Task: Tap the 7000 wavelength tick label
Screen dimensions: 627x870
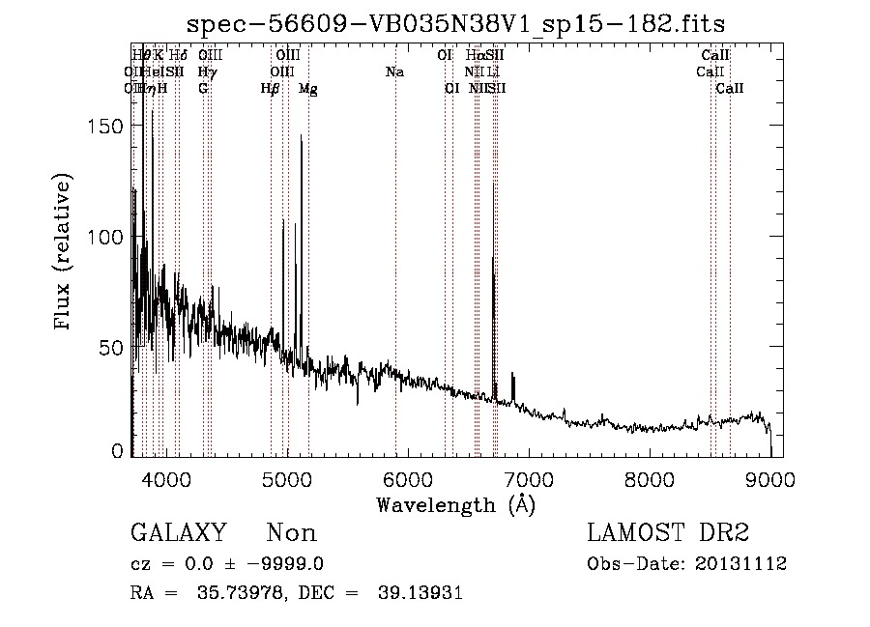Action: (x=529, y=479)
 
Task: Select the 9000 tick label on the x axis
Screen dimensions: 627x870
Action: (x=770, y=479)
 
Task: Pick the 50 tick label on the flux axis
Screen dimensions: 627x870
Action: (x=113, y=347)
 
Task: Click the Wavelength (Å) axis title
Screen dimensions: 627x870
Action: (x=455, y=504)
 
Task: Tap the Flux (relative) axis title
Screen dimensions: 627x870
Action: (x=65, y=253)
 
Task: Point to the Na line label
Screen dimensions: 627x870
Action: (x=394, y=72)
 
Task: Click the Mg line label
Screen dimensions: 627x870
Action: (x=307, y=89)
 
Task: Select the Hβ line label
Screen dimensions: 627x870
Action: (x=270, y=89)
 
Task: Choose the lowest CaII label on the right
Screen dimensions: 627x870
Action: (x=730, y=89)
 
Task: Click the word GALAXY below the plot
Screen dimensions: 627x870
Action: (x=178, y=533)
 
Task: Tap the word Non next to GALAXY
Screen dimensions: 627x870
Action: (x=291, y=533)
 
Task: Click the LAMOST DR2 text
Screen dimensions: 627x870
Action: (x=668, y=533)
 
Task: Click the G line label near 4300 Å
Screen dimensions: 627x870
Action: (x=203, y=89)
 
